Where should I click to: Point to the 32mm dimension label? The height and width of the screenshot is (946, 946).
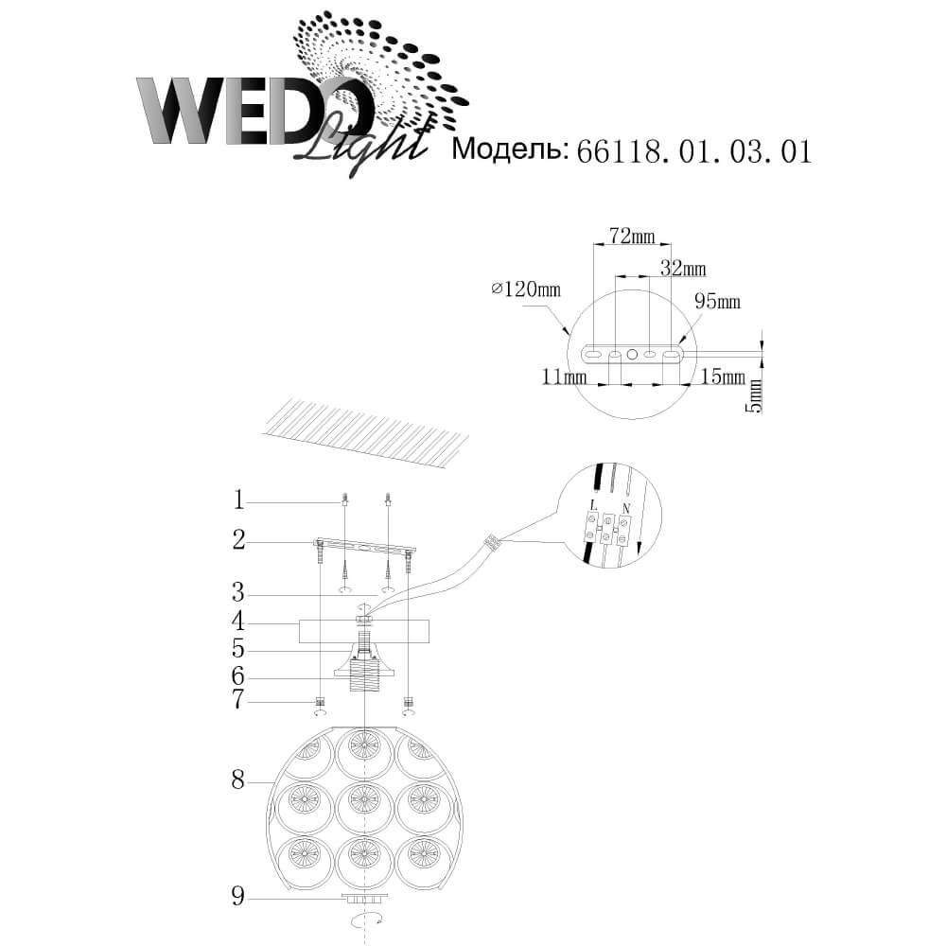[x=683, y=269]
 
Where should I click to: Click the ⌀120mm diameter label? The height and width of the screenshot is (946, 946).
[x=526, y=289]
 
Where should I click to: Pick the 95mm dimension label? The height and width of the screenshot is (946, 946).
[x=717, y=302]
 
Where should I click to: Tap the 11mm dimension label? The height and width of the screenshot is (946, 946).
[x=563, y=377]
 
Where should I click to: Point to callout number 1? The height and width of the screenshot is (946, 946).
[x=239, y=499]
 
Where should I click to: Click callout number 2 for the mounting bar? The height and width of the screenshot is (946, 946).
[x=239, y=540]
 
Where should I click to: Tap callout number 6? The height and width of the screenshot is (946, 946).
[x=239, y=675]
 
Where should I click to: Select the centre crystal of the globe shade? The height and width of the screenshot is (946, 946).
[x=363, y=800]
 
